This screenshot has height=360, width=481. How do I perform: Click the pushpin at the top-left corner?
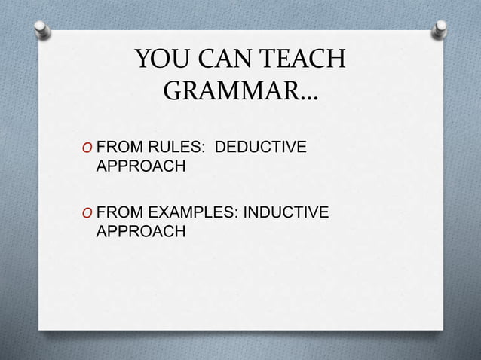(x=42, y=30)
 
